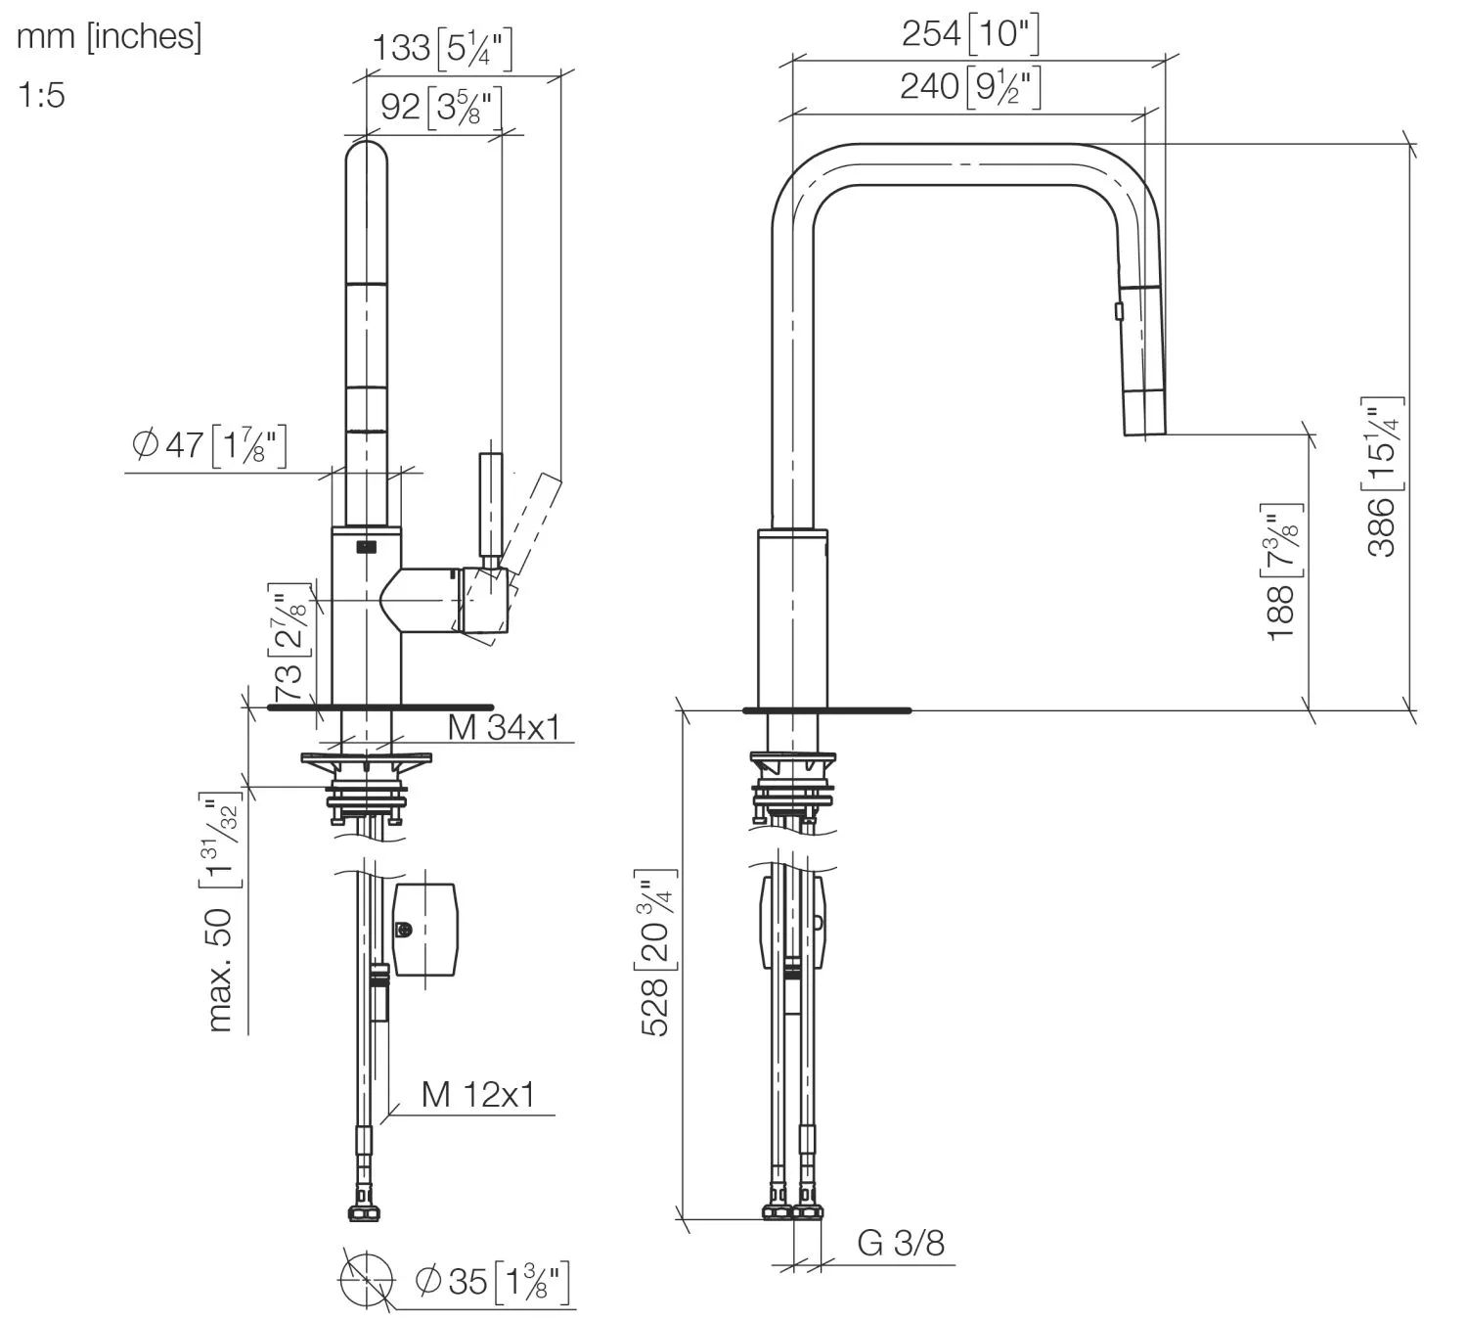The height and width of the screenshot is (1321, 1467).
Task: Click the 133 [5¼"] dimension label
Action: pyautogui.click(x=442, y=49)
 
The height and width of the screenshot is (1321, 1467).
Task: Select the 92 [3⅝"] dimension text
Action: pyautogui.click(x=442, y=108)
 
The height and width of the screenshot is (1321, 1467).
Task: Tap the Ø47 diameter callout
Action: pyautogui.click(x=209, y=445)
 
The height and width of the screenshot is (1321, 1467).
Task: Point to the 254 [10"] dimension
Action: pyautogui.click(x=970, y=33)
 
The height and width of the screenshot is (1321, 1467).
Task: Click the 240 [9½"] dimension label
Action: pyautogui.click(x=970, y=87)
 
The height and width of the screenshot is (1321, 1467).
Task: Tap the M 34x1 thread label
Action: pyautogui.click(x=504, y=727)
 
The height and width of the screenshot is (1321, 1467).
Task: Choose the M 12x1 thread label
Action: pyautogui.click(x=478, y=1094)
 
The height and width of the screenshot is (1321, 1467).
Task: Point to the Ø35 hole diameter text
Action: pyautogui.click(x=492, y=1282)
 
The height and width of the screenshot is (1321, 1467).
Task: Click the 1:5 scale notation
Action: pyautogui.click(x=41, y=95)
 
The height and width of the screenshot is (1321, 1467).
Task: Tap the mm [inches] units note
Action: pyautogui.click(x=109, y=36)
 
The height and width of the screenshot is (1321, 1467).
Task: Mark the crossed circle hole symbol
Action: pyautogui.click(x=367, y=1280)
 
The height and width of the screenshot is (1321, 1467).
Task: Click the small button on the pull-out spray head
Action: pyautogui.click(x=1119, y=311)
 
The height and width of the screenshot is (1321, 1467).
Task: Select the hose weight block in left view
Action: pyautogui.click(x=425, y=930)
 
